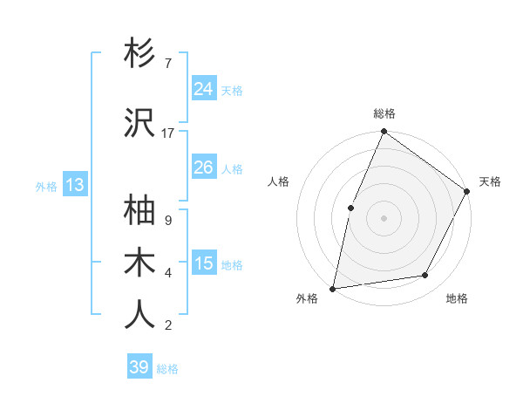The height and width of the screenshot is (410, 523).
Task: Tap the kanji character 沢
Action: point(140,123)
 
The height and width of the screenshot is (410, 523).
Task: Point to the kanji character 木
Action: point(140,263)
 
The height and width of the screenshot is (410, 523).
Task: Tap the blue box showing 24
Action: point(204,89)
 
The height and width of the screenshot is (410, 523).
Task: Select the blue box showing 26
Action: point(204,167)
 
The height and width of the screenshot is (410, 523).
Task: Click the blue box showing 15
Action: point(204,263)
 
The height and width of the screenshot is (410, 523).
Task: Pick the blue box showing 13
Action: point(74,185)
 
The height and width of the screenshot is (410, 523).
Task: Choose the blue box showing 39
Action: point(139,367)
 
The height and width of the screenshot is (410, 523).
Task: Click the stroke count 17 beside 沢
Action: point(168,133)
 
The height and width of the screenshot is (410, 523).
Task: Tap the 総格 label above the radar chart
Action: point(384,114)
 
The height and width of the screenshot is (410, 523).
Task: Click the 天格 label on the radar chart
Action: point(490,181)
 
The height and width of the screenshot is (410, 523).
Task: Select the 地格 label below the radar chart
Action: point(457,298)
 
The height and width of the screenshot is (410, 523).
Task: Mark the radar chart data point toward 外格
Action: point(333,288)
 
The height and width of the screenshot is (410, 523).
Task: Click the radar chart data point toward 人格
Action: point(350,208)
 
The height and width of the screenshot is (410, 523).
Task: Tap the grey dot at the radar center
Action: point(384,217)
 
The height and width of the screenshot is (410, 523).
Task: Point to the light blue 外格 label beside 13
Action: point(46,186)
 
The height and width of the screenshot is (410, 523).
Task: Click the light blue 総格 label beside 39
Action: point(167,369)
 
